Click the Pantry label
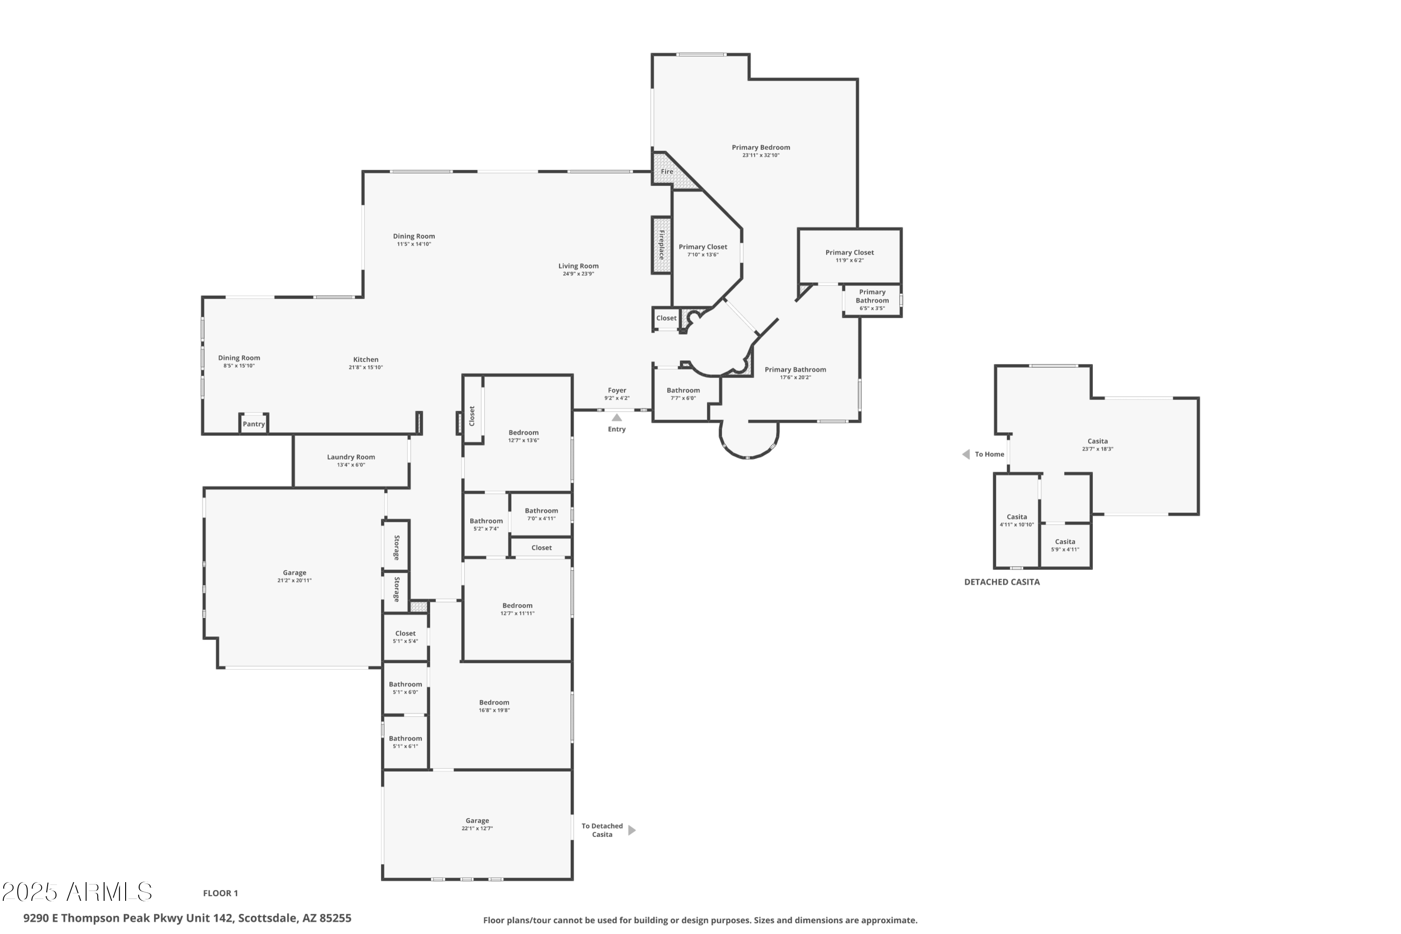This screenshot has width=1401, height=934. pyautogui.click(x=254, y=424)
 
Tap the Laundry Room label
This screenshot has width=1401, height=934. pyautogui.click(x=351, y=457)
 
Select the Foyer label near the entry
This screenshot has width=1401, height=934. pyautogui.click(x=617, y=391)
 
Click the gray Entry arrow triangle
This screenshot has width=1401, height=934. pyautogui.click(x=617, y=418)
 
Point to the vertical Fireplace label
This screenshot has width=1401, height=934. pyautogui.click(x=661, y=245)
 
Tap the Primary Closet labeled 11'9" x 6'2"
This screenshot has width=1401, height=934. pyautogui.click(x=849, y=256)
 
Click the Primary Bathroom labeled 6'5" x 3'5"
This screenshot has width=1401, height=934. pyautogui.click(x=872, y=299)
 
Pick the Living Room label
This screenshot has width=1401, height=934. pyautogui.click(x=578, y=266)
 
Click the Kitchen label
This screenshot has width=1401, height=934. pyautogui.click(x=366, y=360)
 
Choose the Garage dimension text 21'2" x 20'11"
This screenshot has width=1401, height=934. pyautogui.click(x=294, y=581)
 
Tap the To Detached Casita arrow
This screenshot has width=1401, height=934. pyautogui.click(x=632, y=830)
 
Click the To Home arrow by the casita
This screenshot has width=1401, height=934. pyautogui.click(x=966, y=455)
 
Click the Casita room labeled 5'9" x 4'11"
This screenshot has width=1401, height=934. pyautogui.click(x=1065, y=546)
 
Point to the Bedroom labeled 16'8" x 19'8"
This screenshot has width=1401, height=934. pyautogui.click(x=494, y=706)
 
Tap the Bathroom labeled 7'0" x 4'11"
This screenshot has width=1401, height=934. pyautogui.click(x=541, y=514)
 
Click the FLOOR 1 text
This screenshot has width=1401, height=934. pyautogui.click(x=220, y=893)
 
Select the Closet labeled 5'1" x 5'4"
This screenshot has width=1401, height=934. pyautogui.click(x=405, y=637)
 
